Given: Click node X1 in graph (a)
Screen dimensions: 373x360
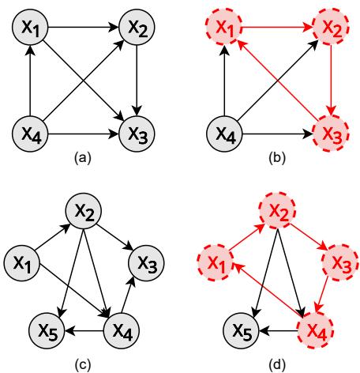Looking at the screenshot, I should click(x=30, y=28).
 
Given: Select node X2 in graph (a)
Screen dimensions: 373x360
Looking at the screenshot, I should click(x=137, y=28).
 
